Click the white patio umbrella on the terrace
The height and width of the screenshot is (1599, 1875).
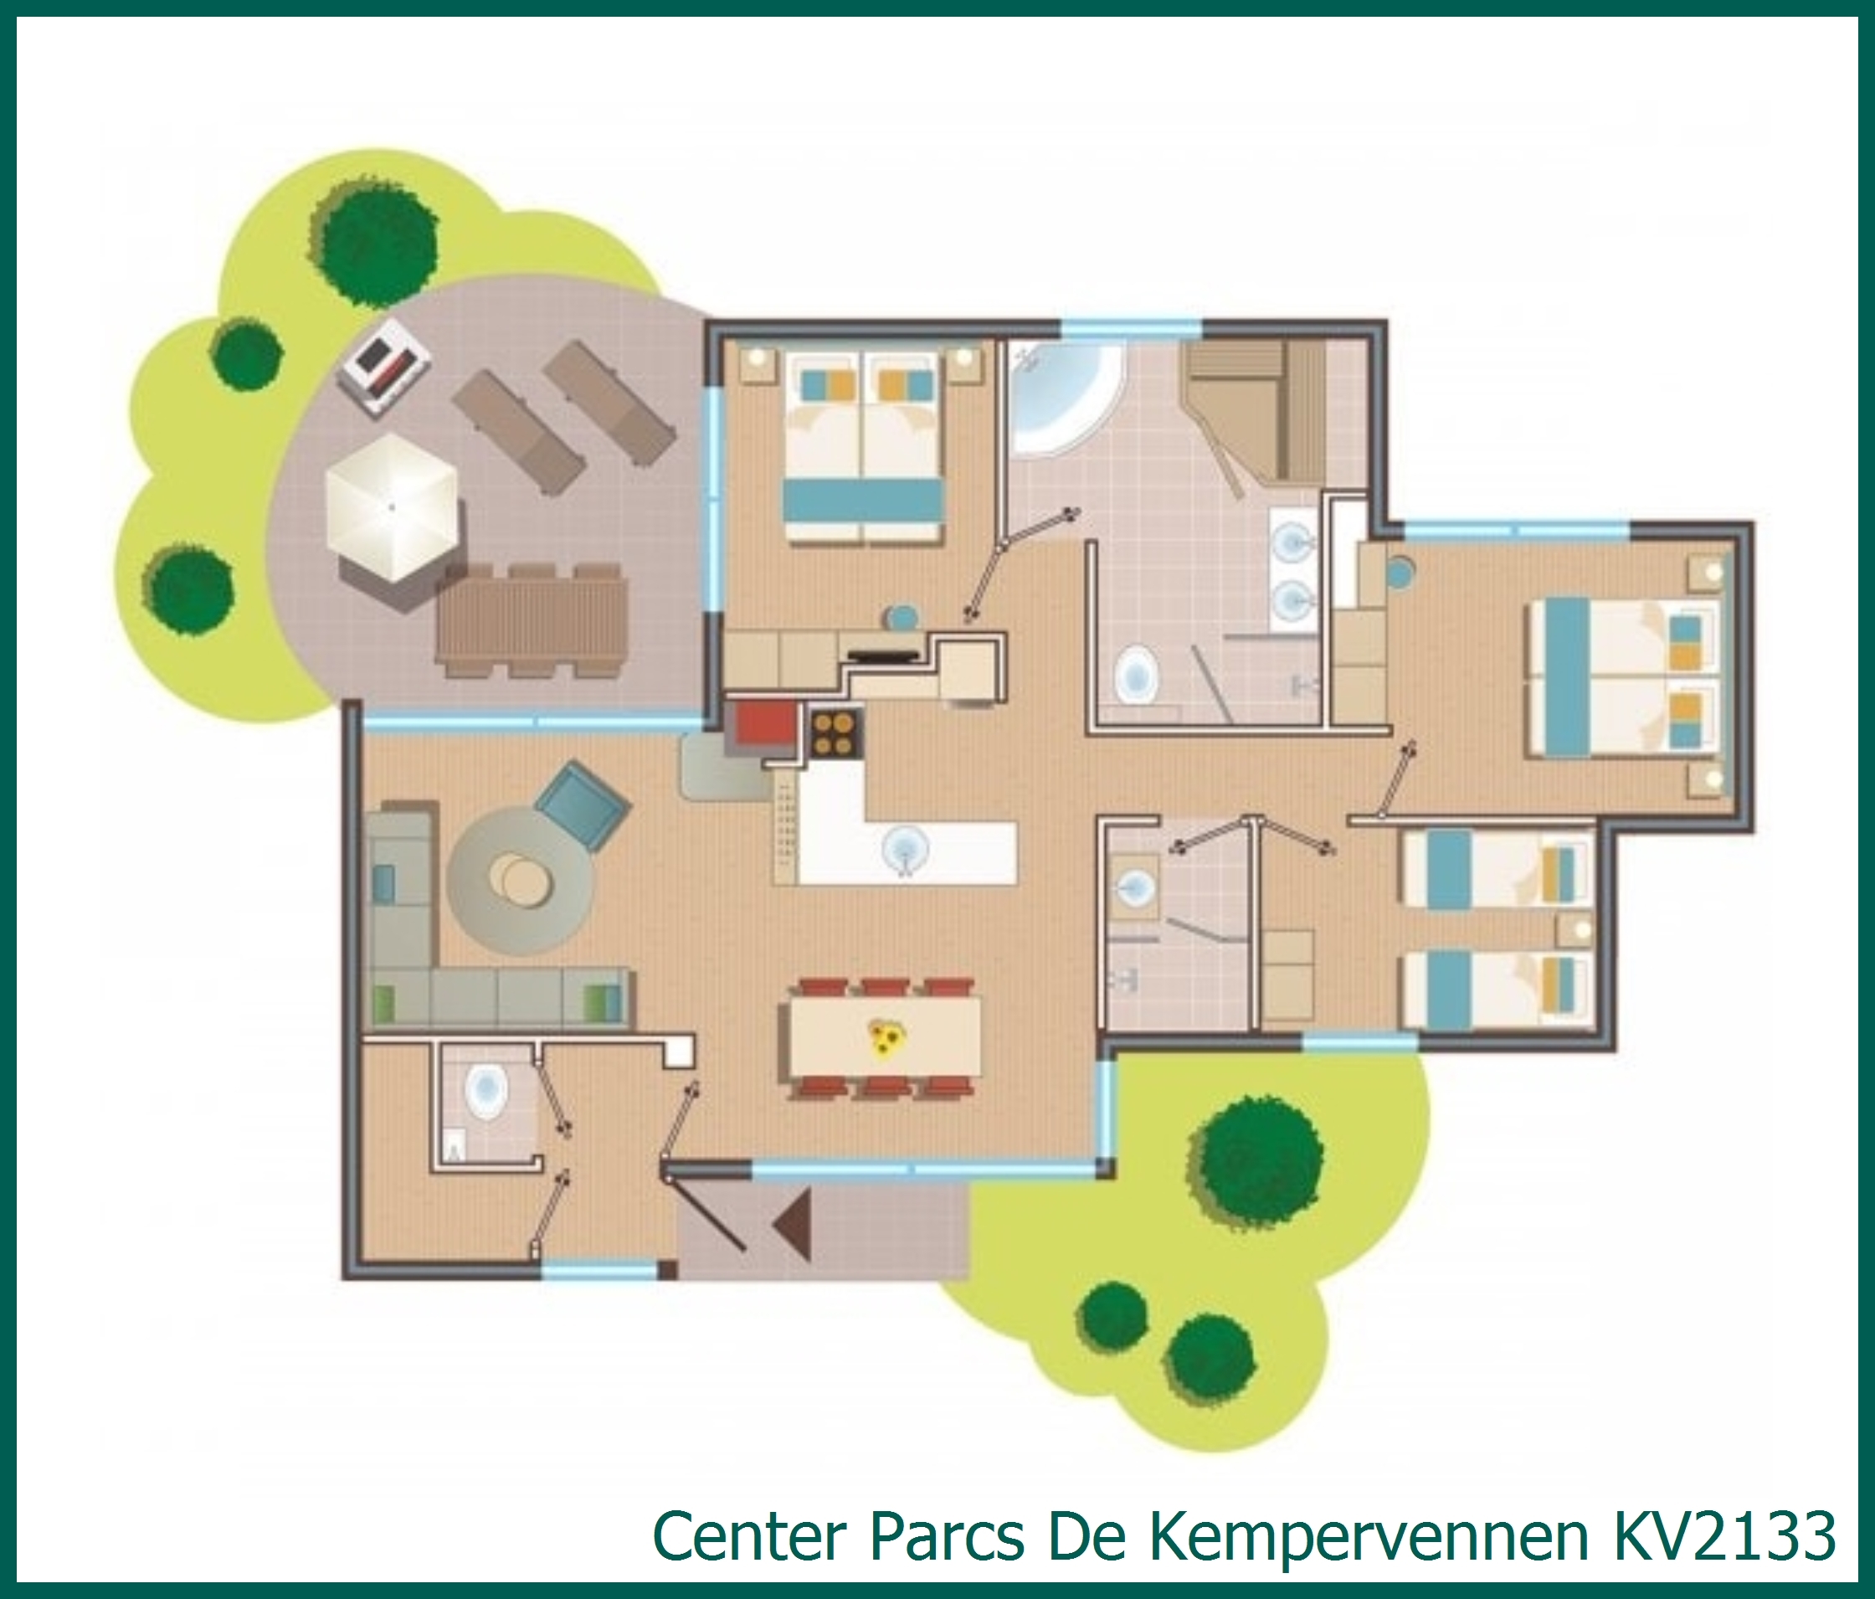pyautogui.click(x=392, y=507)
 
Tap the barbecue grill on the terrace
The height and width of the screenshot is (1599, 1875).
pyautogui.click(x=383, y=366)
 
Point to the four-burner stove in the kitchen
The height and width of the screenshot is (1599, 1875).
pyautogui.click(x=835, y=733)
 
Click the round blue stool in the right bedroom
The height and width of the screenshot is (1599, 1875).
pyautogui.click(x=1399, y=572)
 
